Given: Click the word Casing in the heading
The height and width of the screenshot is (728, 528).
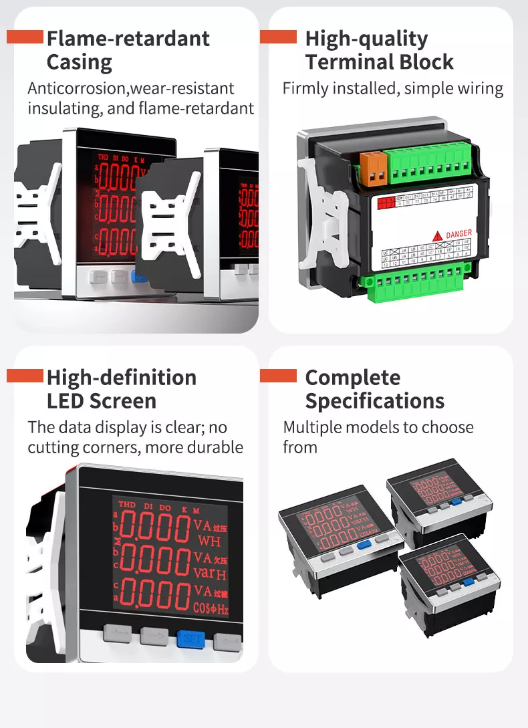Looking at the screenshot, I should [79, 63].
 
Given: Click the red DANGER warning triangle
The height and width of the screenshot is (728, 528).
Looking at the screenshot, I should [437, 235].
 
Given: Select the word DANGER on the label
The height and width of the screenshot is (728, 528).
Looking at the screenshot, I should [459, 234].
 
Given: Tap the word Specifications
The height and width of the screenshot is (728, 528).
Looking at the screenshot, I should [374, 401].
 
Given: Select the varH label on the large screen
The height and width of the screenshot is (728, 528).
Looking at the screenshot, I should [211, 574].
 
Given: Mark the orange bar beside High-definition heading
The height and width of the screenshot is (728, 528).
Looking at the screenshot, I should [25, 376].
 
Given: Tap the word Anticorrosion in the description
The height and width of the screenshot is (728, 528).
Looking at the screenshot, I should [70, 88].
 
